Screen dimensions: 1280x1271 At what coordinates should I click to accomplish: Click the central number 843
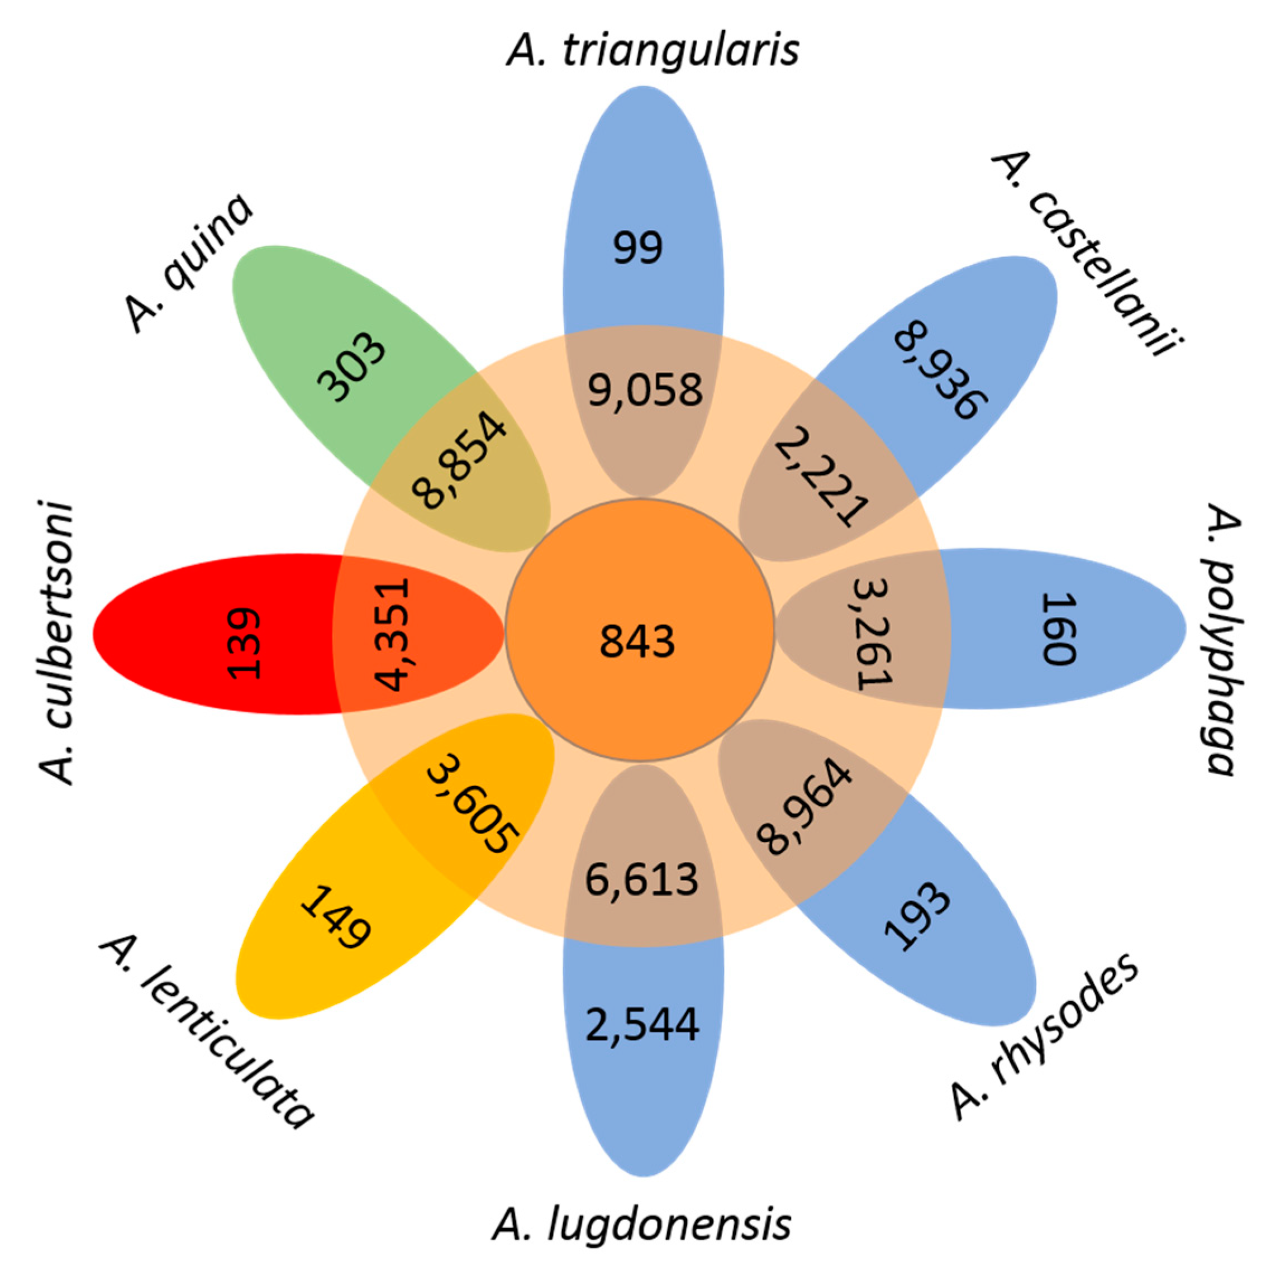click(x=637, y=641)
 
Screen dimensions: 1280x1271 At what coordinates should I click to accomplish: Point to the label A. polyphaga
click(x=1221, y=639)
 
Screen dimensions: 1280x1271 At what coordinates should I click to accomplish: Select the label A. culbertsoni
click(x=56, y=643)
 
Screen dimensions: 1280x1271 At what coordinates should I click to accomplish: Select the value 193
click(x=917, y=917)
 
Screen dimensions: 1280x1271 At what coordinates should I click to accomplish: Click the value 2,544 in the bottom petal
click(x=642, y=1024)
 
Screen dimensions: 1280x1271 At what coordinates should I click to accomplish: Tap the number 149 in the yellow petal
click(x=335, y=917)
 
